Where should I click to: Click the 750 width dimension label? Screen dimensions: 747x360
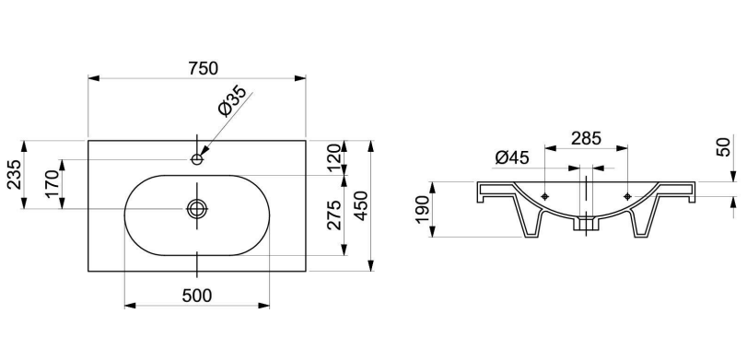coord(203,68)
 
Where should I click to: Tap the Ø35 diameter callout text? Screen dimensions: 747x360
coord(232,101)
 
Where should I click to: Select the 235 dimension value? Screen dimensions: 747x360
coord(15,174)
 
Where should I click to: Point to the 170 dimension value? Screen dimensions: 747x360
coord(53,184)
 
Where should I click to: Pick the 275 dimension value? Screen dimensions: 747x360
coord(334,215)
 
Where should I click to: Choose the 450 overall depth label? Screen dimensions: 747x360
coord(361,205)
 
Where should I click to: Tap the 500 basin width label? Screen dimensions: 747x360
coord(197,296)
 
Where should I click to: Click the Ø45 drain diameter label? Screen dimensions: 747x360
coord(511,157)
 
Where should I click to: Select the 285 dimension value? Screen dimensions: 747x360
coord(587,139)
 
